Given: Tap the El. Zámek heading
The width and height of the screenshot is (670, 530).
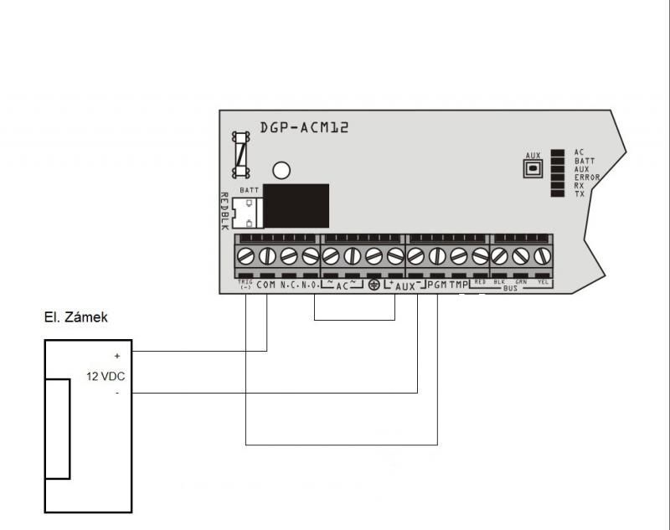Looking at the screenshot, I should pos(75,318).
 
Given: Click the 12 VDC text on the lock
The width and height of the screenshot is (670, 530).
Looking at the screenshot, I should pos(106,377).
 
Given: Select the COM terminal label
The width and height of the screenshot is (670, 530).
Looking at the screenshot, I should pos(265,286).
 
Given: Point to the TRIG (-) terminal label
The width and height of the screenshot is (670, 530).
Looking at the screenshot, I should pos(245,285).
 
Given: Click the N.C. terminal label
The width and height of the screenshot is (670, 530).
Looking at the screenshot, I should pos(289,286).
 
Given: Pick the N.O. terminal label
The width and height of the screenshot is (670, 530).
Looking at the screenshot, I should pos(309,286).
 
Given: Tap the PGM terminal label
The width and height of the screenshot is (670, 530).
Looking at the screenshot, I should pos(436,286).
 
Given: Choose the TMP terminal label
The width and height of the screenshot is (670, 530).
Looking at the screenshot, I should pos(458,286).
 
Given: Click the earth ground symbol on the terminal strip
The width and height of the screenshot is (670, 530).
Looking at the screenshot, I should pos(374,286).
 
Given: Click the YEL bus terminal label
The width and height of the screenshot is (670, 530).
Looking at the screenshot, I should pos(543,282).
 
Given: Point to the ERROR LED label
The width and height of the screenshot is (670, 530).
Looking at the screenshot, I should pos(585,178).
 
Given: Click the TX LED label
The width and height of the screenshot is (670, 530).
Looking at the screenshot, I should pos(580,194).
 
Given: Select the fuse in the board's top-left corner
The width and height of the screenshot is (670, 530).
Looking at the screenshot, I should pos(241,154).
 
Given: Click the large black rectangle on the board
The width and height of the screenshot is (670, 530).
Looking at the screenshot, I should pos(295,205).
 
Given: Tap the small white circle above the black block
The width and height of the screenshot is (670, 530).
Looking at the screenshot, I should pos(281,171).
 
